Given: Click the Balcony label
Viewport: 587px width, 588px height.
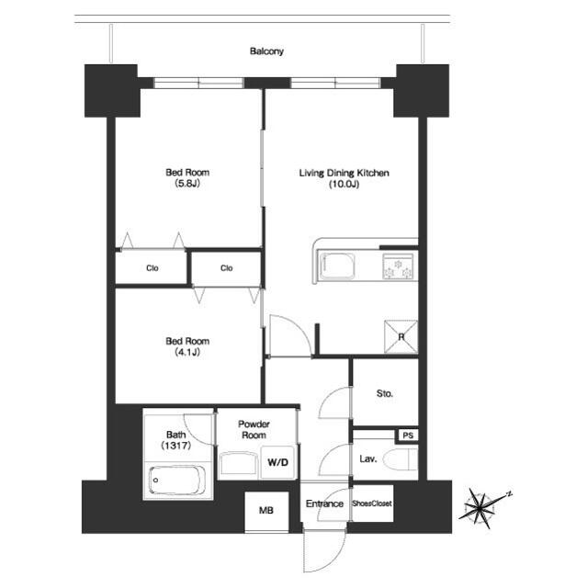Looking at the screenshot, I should coord(266,51).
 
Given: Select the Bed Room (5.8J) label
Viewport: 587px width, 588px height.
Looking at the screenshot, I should coord(187,178).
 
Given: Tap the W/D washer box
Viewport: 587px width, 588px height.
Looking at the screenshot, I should coord(277,462).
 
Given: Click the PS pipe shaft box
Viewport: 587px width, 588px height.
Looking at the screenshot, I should coord(407,435).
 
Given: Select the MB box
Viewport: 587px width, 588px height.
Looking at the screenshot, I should coord(266,512).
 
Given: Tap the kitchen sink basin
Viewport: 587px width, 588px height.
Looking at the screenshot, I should coord(342,266).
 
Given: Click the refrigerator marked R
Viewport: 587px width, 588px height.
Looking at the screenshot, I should coord(400,334).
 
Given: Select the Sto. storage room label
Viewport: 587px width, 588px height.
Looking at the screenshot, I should coord(385,394).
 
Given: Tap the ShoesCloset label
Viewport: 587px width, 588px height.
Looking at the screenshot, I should coord(373,503).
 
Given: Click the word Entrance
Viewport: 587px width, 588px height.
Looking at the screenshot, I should coord(323,503).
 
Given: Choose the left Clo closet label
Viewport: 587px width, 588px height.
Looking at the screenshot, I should coord(152,268).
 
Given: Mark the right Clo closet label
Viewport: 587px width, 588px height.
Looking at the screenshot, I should coord(226,268).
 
